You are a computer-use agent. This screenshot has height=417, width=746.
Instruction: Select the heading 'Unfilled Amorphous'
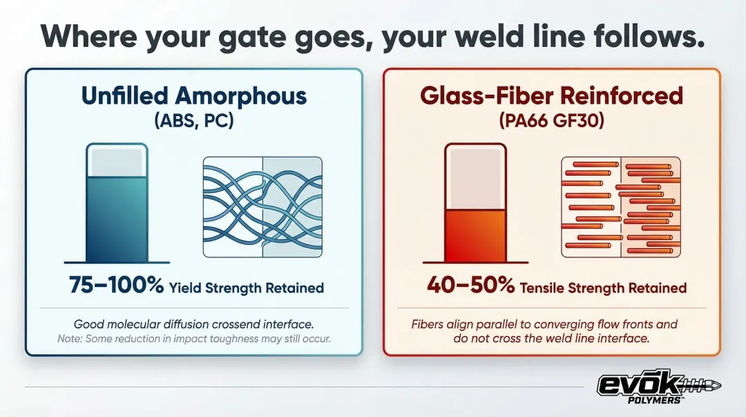point(194,96)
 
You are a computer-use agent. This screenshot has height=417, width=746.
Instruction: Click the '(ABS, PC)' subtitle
point(194,120)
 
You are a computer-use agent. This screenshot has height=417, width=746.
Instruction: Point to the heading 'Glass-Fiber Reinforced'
point(551,96)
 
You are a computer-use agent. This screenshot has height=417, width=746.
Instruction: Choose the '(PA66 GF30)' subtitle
point(551,120)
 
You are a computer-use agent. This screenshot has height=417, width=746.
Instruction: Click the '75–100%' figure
point(117,285)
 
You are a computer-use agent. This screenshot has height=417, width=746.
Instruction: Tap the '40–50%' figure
point(470,285)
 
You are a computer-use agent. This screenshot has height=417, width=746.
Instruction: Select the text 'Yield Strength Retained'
point(247,288)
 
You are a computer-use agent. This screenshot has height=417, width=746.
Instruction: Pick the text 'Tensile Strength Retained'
point(603,288)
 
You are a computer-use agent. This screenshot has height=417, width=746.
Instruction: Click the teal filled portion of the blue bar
point(117,219)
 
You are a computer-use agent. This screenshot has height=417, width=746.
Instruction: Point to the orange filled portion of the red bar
point(475,236)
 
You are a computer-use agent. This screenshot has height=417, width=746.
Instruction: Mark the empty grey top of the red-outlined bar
point(475,178)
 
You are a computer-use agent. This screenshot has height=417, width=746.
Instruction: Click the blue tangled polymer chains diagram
point(262,207)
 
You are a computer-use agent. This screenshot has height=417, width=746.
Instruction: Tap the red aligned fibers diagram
point(621,207)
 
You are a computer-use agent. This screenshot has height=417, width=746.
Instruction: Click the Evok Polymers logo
point(658,387)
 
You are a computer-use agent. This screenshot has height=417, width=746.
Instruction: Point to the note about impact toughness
point(194,339)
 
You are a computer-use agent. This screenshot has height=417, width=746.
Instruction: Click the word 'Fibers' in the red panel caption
point(427,324)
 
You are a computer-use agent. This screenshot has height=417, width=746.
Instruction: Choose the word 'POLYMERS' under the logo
point(655,400)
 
